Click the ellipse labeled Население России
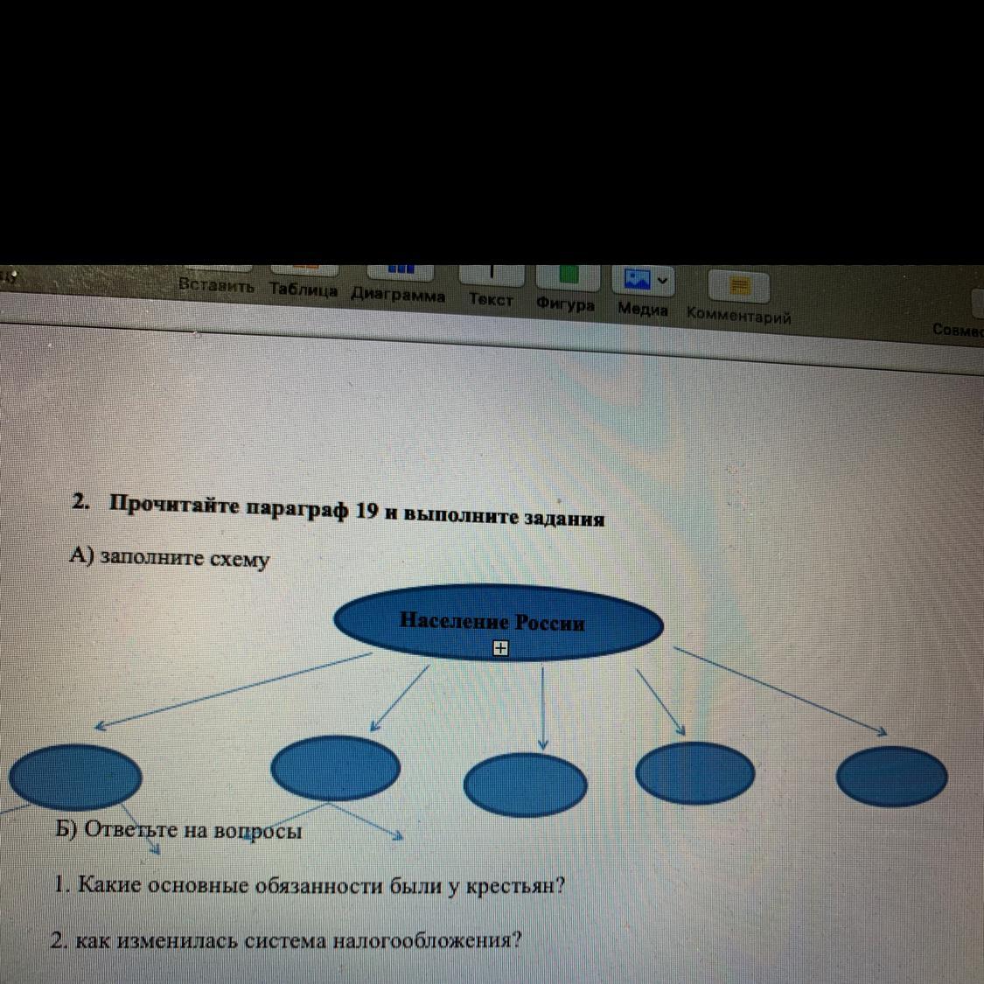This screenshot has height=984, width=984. click(499, 623)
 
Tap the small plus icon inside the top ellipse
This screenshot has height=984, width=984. click(500, 648)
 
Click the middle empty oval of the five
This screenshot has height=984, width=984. click(525, 783)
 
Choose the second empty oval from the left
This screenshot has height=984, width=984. click(336, 767)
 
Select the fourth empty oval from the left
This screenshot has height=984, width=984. click(695, 772)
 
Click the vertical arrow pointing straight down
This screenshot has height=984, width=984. click(543, 707)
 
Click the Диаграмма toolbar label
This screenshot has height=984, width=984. click(398, 296)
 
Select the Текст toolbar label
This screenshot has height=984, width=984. click(491, 300)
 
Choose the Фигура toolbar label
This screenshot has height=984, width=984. click(565, 305)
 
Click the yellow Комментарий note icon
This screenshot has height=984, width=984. click(740, 286)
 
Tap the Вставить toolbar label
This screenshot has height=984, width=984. click(216, 286)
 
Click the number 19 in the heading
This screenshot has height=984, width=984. click(366, 512)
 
